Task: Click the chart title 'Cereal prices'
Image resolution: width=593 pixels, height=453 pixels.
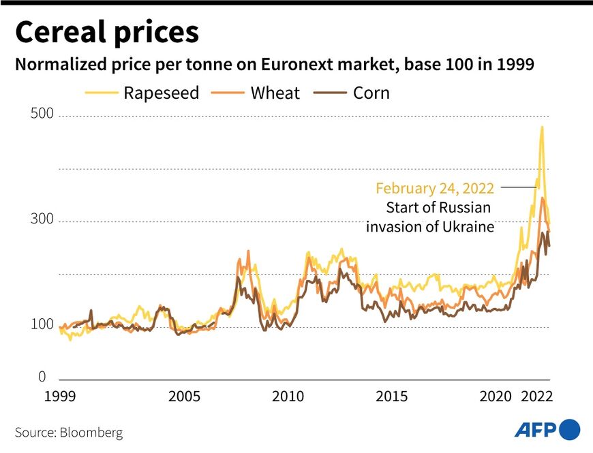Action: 107,32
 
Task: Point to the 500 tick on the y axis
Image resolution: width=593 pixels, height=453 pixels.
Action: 42,114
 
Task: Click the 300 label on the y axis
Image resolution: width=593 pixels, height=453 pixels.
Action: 42,219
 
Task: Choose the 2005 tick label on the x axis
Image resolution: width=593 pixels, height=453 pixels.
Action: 185,396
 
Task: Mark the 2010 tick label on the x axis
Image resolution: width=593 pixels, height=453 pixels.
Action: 288,396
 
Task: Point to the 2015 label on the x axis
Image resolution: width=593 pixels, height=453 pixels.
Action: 392,396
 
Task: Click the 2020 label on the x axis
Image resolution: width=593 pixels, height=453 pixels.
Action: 496,396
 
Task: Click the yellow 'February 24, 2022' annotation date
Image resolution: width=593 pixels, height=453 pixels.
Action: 434,188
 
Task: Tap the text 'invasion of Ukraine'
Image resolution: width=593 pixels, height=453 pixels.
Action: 429,227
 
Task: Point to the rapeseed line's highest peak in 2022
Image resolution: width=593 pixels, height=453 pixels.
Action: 542,127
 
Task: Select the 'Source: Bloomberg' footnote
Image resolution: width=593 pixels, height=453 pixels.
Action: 69,433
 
